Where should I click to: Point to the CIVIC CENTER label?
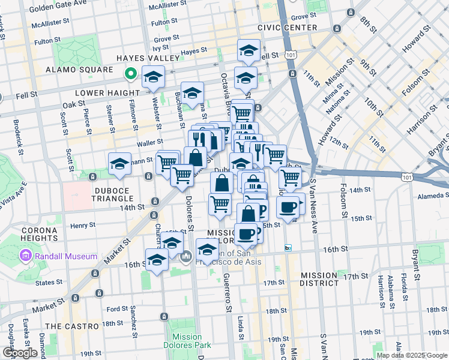pos(287,28)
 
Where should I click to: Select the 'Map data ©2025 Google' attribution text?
pos(412,355)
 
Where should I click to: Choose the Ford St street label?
pos(116,309)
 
